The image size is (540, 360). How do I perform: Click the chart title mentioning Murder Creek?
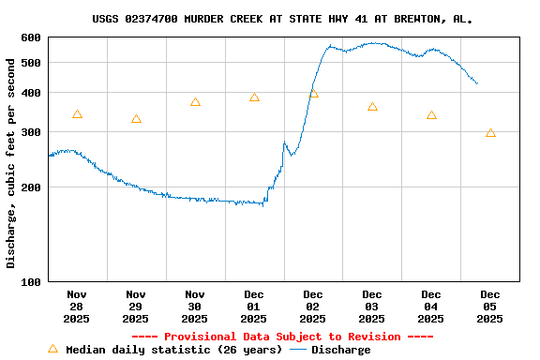pos(282,19)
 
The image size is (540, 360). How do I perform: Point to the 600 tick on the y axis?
pos(30,37)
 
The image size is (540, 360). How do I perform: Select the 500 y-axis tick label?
pos(30,63)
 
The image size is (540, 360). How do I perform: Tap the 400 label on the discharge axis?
pos(30,93)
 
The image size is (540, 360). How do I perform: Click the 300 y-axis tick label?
pos(30,132)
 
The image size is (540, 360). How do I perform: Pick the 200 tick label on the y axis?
pos(30,187)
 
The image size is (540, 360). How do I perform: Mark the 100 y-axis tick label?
pos(30,281)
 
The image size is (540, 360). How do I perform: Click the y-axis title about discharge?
pos(11,163)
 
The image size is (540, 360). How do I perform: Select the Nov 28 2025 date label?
pos(77,307)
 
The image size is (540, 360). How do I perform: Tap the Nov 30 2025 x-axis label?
pos(195,307)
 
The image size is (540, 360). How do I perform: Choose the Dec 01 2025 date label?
pos(254,307)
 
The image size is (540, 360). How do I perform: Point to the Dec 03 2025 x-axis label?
pos(372,307)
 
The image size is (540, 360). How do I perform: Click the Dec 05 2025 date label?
pos(490,307)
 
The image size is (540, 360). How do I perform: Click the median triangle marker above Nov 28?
pos(77,114)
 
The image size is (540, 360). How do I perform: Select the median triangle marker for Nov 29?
pos(136,119)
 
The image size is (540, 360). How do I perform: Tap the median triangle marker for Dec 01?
pos(254,97)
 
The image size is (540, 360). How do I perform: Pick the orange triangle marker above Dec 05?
pos(490,133)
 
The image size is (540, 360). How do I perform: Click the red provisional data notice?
pos(282,337)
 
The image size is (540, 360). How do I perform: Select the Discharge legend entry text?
pos(340,350)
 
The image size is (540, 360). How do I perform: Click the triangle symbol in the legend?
pos(52,349)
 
